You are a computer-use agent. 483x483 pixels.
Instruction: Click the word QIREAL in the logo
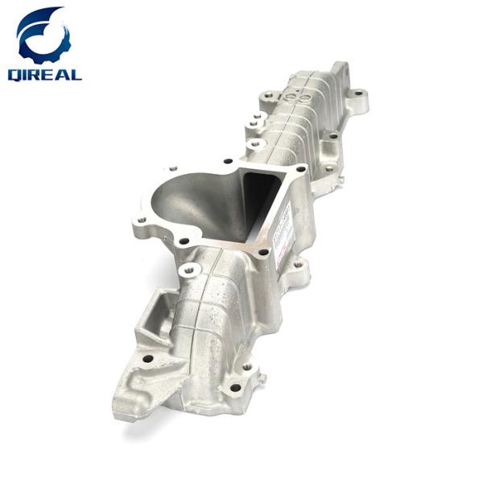coord(43,74)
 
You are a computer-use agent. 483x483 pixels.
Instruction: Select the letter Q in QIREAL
coord(15,74)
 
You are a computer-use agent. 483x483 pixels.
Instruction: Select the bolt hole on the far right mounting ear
coord(360,101)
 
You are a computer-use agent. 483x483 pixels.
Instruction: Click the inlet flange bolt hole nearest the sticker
coord(263,252)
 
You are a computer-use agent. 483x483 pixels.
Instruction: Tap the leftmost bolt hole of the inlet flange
coord(142,219)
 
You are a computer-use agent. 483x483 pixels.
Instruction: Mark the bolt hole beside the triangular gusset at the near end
coord(147,359)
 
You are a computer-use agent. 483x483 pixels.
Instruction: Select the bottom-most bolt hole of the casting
coord(235,387)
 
